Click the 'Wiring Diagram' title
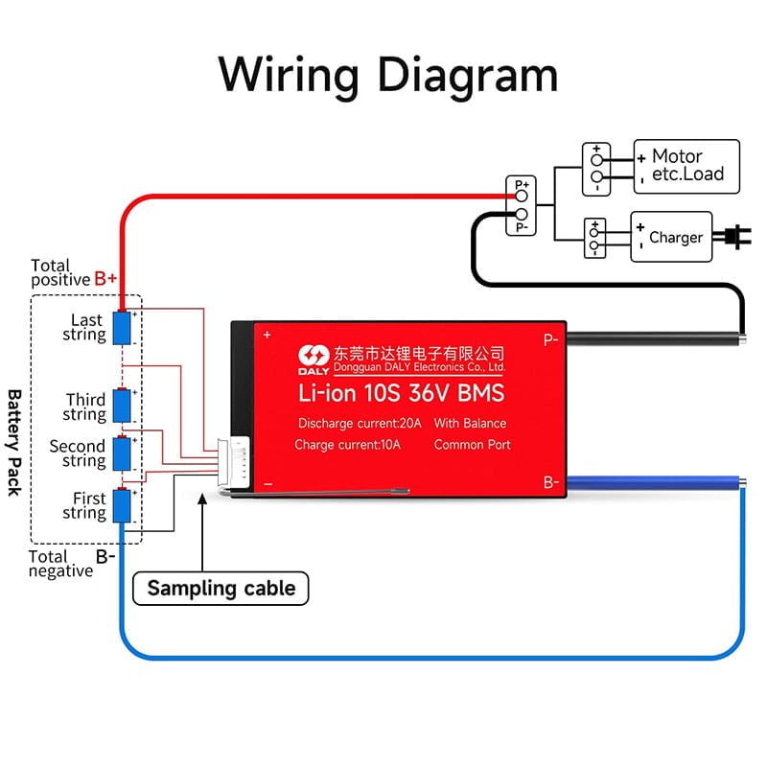pos(387,74)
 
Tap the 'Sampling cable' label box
pos(221,588)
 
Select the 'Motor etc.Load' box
pos(686,166)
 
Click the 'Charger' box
pos(671,237)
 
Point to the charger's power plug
pos(737,235)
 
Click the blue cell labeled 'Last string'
pos(123,328)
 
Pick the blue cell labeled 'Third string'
pos(123,406)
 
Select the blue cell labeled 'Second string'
pos(123,453)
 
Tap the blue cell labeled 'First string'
pos(123,504)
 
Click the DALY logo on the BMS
pos(314,358)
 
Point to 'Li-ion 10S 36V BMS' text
pos(400,392)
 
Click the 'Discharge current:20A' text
pos(360,423)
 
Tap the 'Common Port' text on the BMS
pos(472,445)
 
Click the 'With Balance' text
pos(470,423)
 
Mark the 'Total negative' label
pos(60,564)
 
